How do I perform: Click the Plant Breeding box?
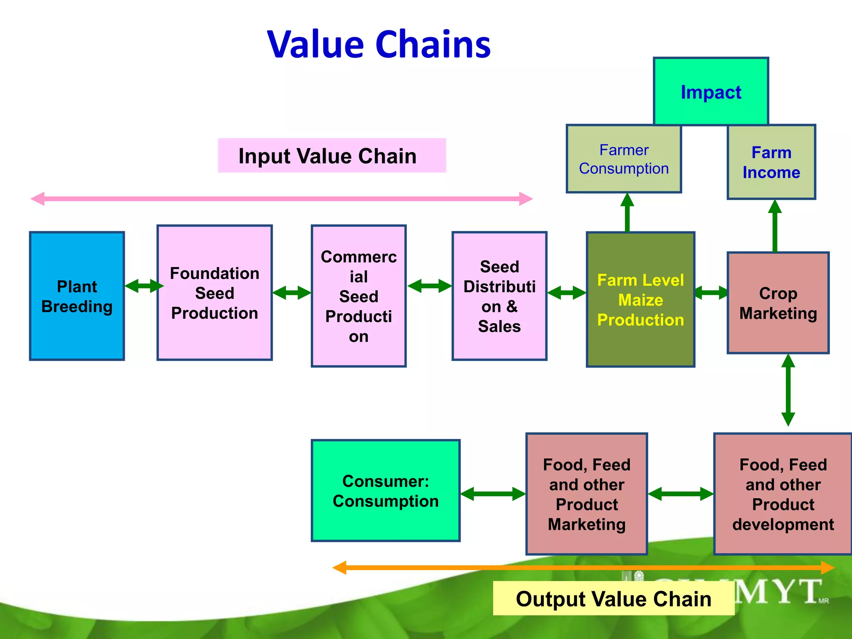77,296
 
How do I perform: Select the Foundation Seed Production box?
215,293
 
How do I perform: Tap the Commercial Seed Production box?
359,296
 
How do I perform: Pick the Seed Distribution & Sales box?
499,296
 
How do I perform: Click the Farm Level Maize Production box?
640,300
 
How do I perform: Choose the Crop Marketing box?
778,303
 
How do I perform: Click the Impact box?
711,92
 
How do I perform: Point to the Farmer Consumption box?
624,159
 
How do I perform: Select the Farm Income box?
771,162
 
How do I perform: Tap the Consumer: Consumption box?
386,491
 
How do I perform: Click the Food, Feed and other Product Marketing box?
587,494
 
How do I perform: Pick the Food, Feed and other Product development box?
783,494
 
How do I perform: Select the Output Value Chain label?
613,598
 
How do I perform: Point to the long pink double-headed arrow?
282,199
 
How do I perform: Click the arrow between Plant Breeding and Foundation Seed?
144,286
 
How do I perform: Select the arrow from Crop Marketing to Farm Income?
775,227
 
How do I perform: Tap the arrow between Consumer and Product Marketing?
493,494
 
